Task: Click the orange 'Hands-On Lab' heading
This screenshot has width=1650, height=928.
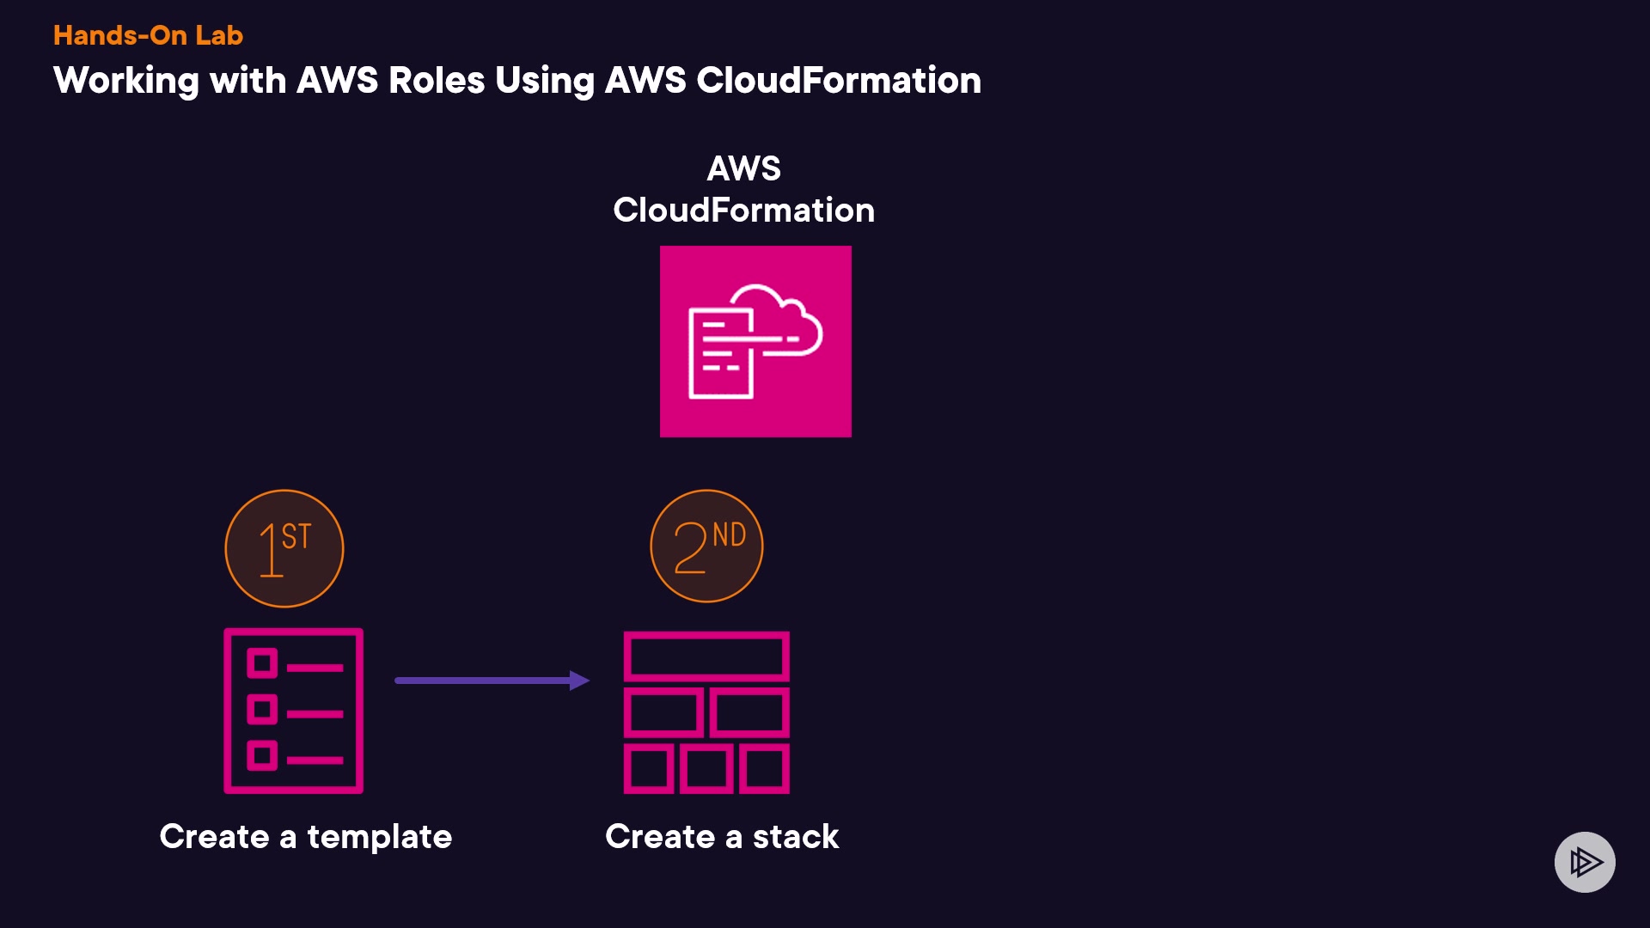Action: [148, 35]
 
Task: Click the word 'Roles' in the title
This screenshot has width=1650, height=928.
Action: [437, 81]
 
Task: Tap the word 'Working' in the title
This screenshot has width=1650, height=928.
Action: [126, 82]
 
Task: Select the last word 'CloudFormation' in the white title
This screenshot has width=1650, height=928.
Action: [838, 81]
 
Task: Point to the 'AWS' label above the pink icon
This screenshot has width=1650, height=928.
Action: [743, 168]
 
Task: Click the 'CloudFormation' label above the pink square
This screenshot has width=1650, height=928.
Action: [743, 211]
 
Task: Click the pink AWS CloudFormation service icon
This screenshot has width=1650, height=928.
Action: [755, 342]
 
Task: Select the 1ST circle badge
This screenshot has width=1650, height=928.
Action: [284, 548]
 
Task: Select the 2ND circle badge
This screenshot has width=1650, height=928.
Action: [706, 546]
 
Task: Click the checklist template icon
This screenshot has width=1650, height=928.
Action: [294, 711]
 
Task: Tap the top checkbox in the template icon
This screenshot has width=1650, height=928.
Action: [262, 663]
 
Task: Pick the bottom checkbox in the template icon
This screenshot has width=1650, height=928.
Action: [262, 756]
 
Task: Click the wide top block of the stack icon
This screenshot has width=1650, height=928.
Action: [706, 657]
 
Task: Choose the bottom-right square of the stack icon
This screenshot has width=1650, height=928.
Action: [764, 768]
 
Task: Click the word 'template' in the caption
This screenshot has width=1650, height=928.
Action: [379, 837]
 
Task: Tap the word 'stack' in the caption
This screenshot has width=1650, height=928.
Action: [796, 837]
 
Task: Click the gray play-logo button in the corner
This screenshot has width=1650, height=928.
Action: [1585, 862]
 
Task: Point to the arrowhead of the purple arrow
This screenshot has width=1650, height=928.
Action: [580, 681]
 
